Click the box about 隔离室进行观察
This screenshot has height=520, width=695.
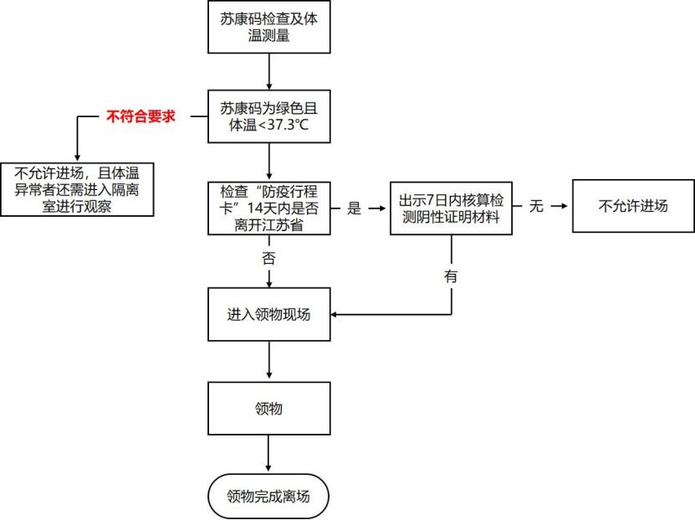tap(77, 189)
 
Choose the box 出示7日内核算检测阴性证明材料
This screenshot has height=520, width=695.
tap(452, 208)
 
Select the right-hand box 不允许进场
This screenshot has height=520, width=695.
tap(633, 206)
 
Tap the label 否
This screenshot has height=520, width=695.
tap(268, 258)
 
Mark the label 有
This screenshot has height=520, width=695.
tap(452, 276)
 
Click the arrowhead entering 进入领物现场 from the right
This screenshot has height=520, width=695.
tap(336, 315)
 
